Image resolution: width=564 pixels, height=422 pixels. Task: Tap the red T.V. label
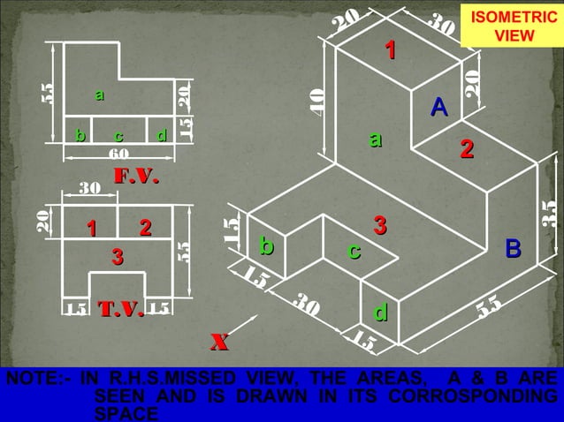point(120,309)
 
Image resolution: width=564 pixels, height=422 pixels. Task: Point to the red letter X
point(220,342)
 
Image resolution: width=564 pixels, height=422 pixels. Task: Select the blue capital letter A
point(438,108)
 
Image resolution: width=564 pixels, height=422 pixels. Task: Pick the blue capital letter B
point(513,248)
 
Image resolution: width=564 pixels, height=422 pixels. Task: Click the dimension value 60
point(118,153)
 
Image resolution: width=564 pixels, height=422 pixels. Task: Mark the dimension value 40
point(318,101)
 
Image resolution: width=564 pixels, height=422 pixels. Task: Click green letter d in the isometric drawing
point(380,313)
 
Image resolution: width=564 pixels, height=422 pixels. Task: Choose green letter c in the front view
point(118,136)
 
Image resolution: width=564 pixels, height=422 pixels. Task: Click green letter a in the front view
point(99,94)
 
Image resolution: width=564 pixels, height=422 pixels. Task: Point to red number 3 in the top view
point(117,257)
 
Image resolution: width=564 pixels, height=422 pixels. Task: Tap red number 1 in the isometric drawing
point(390,50)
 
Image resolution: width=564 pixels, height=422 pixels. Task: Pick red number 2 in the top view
point(145,228)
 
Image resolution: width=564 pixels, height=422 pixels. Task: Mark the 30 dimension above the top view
point(89,188)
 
